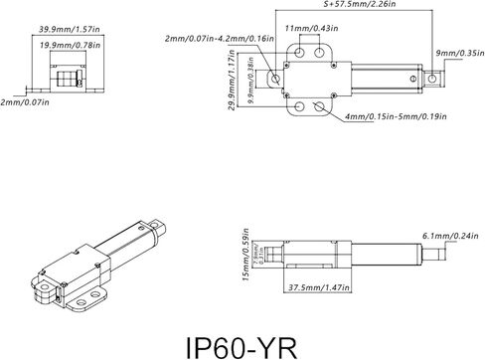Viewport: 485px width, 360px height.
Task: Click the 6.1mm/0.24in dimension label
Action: [x=446, y=237]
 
